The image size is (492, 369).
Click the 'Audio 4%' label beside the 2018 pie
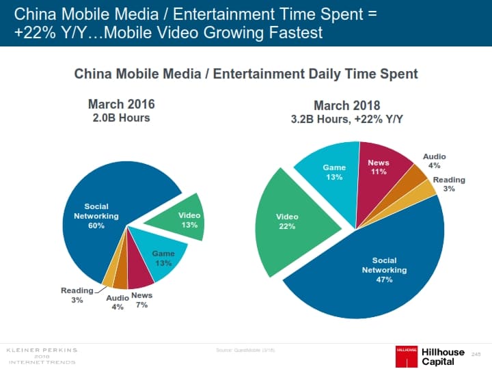(x=434, y=161)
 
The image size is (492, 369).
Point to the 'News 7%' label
(x=141, y=300)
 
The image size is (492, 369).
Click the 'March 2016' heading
(x=121, y=104)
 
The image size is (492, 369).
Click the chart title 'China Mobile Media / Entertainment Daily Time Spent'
(x=245, y=73)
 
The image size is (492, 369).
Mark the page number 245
(x=476, y=353)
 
